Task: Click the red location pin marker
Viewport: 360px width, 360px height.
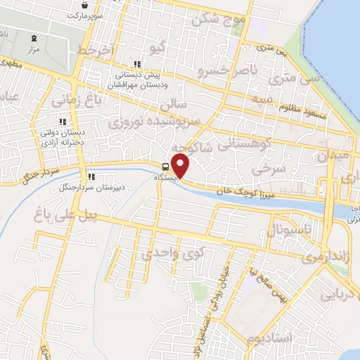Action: [x=181, y=167]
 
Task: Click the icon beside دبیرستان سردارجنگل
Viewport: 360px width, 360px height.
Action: [x=91, y=176]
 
